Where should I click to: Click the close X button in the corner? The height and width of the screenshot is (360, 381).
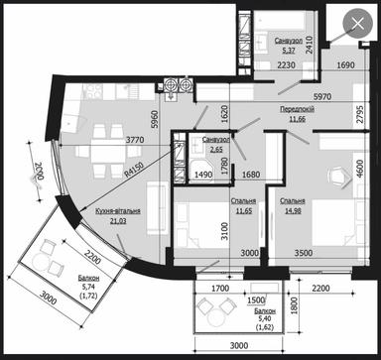tap(352, 26)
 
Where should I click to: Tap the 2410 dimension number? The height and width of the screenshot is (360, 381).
tap(309, 43)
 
